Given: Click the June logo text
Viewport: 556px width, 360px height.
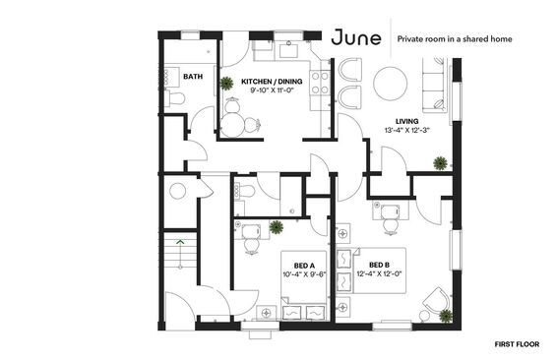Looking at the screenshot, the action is click(x=356, y=37).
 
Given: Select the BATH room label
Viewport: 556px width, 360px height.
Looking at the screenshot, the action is click(x=193, y=76).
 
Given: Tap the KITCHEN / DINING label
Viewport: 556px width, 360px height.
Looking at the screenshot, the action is click(x=272, y=81).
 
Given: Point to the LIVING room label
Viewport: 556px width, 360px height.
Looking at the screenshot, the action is click(x=407, y=121).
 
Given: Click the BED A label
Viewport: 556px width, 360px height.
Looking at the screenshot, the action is click(x=304, y=266).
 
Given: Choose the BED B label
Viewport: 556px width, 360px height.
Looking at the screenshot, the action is click(x=379, y=265).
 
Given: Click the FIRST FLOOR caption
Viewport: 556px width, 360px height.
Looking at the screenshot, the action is click(x=517, y=344).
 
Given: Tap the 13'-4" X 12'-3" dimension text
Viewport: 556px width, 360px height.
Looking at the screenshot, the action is click(x=407, y=130).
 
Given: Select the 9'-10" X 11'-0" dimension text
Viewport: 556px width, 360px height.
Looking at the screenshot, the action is click(x=272, y=90).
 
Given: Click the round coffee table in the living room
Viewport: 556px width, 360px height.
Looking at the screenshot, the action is click(x=390, y=84).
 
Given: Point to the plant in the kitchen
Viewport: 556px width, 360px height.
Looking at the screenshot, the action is click(x=226, y=84).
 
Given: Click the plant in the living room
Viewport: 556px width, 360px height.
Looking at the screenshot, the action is click(x=440, y=163).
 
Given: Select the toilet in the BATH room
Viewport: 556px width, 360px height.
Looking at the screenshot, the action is click(x=175, y=98).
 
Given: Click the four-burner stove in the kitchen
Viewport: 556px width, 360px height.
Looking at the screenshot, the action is click(x=320, y=83).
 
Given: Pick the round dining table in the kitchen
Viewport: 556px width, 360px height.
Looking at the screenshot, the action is click(x=232, y=124).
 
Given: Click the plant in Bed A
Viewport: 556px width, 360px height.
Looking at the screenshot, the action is click(x=276, y=227).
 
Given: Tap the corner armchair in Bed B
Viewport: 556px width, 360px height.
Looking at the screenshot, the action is click(x=437, y=302).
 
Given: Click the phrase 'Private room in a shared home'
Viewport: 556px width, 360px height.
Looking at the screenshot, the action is click(x=455, y=39).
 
